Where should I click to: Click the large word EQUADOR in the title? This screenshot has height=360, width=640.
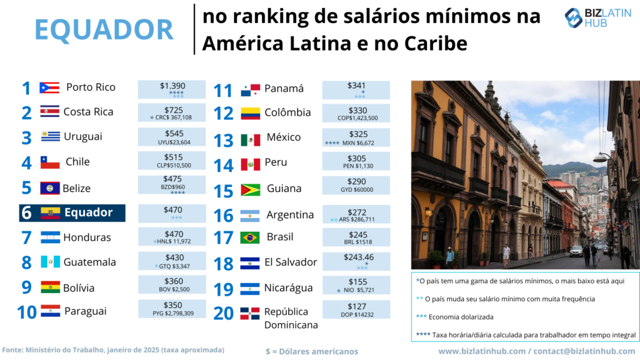coord(104,29)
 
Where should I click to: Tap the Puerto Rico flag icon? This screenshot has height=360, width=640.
coord(49,87)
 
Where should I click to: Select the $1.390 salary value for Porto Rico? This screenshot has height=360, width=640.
coord(172,86)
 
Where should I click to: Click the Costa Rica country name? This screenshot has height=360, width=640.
coord(88,112)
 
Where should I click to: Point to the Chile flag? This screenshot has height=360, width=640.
coord(50,162)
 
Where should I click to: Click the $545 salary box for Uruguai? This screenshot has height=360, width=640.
coord(172,137)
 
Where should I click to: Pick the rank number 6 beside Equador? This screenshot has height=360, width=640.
coord(26,213)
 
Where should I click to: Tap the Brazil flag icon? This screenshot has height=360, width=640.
coord(250,237)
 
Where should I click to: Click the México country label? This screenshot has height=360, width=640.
coord(283,137)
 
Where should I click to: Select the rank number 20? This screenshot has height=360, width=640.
coord(224,312)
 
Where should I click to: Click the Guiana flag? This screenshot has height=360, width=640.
coord(250,189)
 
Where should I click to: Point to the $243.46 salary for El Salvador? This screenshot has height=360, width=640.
coord(356,257)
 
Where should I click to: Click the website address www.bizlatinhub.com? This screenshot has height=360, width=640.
coord(482,351)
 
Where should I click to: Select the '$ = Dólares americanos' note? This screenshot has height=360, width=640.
coord(312,351)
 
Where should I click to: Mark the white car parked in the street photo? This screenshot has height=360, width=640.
coord(576,251)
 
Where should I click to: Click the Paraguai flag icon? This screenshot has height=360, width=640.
coord(50,311)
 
